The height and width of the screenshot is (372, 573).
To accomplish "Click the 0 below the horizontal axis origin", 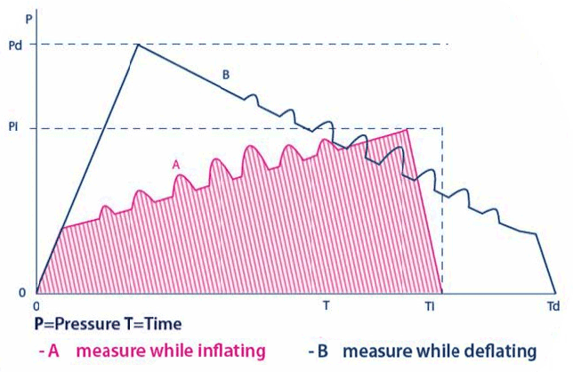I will pyautogui.click(x=37, y=304).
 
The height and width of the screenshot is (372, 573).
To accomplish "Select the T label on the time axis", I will pyautogui.click(x=327, y=304).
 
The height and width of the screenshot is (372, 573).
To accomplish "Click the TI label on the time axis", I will pyautogui.click(x=430, y=305).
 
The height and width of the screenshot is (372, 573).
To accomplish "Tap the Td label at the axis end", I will pyautogui.click(x=553, y=305).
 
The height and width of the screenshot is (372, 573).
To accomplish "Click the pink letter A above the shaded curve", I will pyautogui.click(x=176, y=165).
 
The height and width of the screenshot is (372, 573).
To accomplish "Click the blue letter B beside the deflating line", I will pyautogui.click(x=226, y=77).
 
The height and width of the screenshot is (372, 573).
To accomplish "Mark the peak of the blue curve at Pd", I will pyautogui.click(x=137, y=44).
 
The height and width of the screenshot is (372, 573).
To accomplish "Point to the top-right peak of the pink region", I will pyautogui.click(x=408, y=130).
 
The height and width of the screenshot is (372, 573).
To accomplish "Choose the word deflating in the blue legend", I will pyautogui.click(x=499, y=351).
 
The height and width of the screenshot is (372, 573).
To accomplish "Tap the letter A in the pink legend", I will pyautogui.click(x=52, y=351).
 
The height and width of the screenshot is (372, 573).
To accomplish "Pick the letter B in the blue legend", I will pyautogui.click(x=323, y=351).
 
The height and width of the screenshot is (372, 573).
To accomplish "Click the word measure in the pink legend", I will pyautogui.click(x=106, y=351).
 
